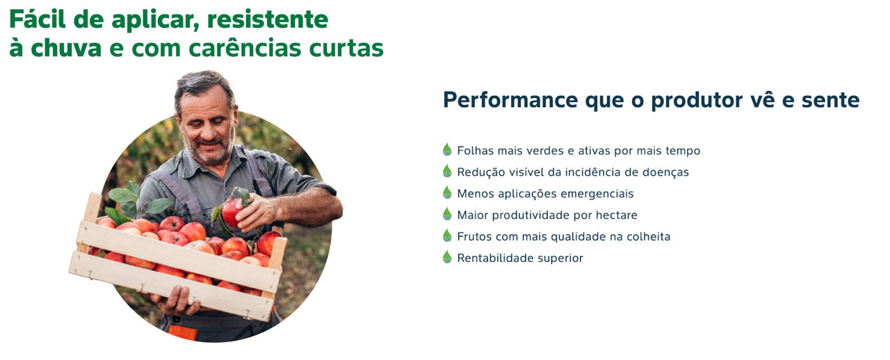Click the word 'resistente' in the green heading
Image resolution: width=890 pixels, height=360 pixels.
coord(268,19)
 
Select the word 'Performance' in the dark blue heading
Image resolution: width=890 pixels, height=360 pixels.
coord(510,99)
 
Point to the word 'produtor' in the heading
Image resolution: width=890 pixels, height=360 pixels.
coord(697,99)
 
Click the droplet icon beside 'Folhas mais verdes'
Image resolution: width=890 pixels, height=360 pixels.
coord(447,149)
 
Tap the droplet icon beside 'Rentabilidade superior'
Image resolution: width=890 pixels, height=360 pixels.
coord(447,256)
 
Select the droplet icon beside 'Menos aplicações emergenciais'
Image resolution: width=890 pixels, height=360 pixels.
coord(447,193)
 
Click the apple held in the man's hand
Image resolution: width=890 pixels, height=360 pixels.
coord(232,213)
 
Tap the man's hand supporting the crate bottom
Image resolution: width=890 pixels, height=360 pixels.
coord(178,301)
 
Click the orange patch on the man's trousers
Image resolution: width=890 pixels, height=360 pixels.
coord(183,332)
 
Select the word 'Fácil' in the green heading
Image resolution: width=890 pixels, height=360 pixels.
coord(38,19)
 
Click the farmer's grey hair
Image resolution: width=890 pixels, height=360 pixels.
coord(202,84)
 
